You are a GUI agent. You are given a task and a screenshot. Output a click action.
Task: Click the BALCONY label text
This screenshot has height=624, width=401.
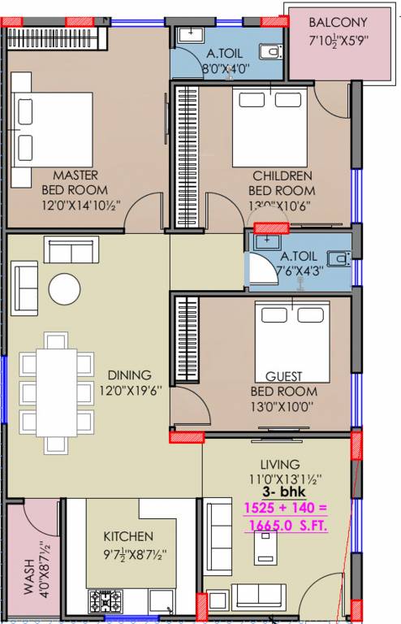tap(338, 23)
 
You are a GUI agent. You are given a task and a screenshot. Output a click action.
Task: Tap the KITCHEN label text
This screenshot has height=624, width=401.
tap(128, 537)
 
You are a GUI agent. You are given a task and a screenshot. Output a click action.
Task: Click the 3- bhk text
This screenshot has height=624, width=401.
tap(280, 492)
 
